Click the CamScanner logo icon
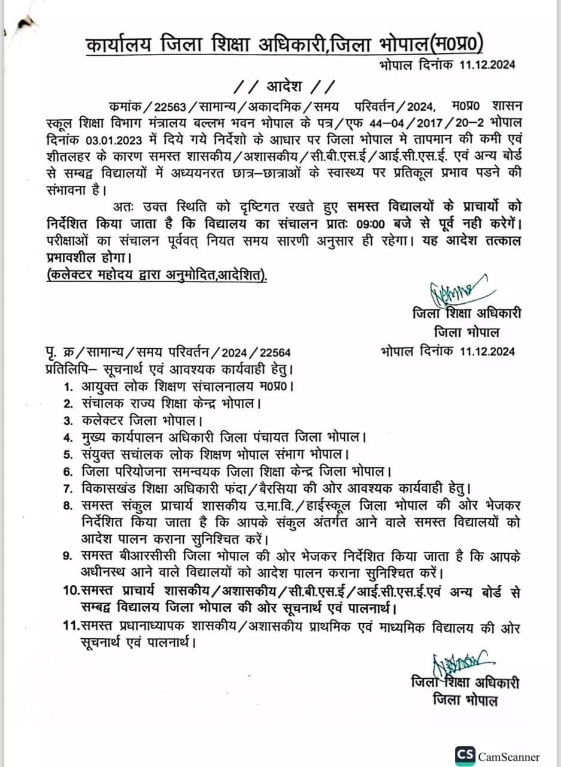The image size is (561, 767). coord(465,756)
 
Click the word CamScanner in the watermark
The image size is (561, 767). coord(508,757)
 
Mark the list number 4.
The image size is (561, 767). coord(69,436)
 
